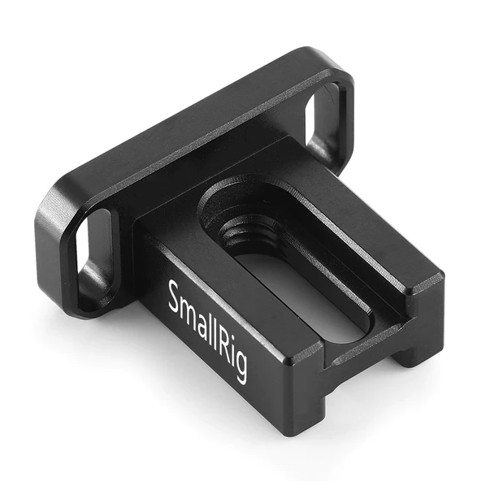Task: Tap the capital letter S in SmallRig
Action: tap(173, 295)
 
